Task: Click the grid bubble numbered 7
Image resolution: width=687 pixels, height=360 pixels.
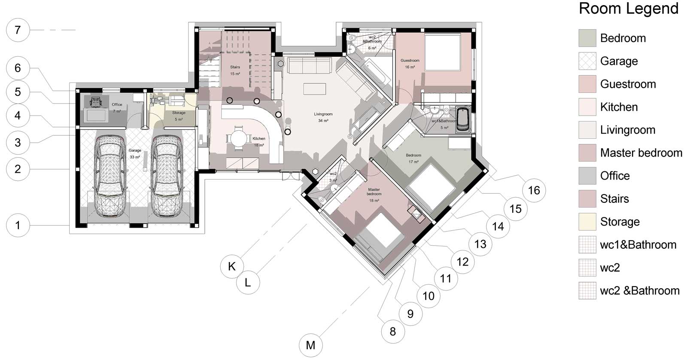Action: [x=18, y=30]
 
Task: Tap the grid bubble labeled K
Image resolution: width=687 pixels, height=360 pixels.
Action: [x=232, y=266]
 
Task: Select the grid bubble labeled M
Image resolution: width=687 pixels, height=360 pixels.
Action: [x=311, y=345]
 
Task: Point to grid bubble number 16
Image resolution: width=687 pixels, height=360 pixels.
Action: [x=534, y=190]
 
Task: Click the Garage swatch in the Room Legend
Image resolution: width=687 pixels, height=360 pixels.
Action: [x=587, y=61]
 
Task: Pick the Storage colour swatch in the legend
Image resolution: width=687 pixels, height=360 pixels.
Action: [x=587, y=222]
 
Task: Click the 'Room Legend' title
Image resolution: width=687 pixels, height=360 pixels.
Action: [x=629, y=9]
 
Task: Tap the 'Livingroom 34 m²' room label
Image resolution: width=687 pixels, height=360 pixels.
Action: [x=323, y=117]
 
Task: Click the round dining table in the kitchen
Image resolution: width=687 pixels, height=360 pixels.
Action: [x=239, y=138]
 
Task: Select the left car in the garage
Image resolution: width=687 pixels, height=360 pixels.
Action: [x=110, y=176]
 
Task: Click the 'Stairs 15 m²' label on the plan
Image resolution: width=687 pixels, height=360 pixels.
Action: [x=235, y=70]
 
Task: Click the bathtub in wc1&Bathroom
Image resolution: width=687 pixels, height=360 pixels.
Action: [x=463, y=120]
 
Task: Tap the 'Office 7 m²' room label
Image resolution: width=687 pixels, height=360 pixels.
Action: [x=117, y=108]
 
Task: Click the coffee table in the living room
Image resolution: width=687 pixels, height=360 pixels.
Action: [x=315, y=88]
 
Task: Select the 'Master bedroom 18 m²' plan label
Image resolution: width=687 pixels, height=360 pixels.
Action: [x=374, y=195]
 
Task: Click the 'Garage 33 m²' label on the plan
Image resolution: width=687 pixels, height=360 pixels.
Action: [x=135, y=153]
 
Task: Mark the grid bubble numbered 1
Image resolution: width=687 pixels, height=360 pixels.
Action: [x=18, y=225]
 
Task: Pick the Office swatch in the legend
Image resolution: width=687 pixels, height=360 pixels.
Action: [x=587, y=176]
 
